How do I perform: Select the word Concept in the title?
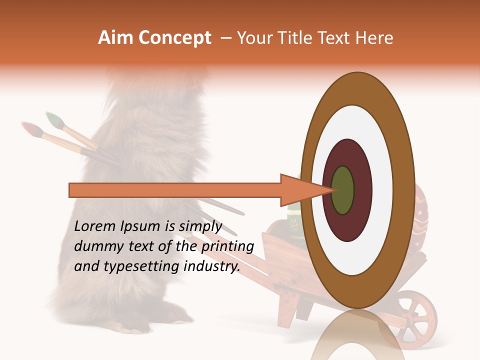coord(174,38)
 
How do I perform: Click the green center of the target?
coord(342,190)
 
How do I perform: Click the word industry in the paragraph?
coord(211,266)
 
